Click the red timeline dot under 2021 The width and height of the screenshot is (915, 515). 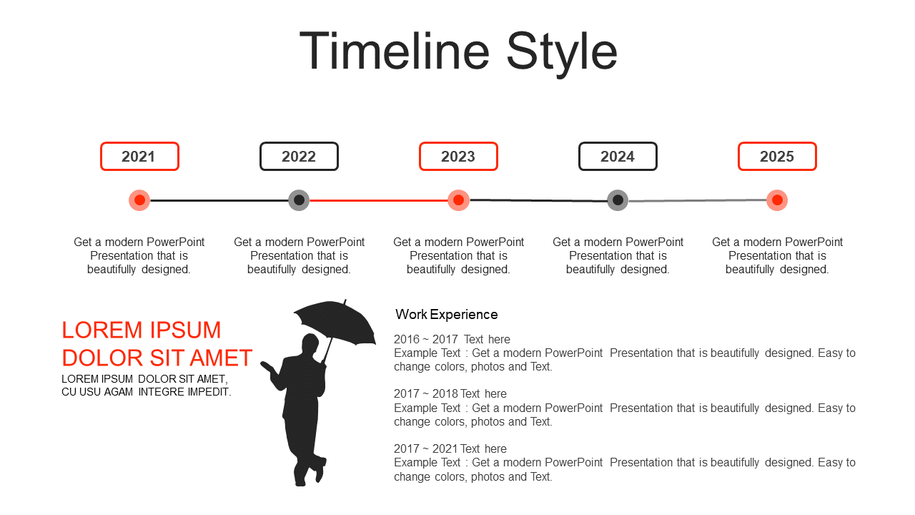[139, 200]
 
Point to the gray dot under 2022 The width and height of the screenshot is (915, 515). [299, 200]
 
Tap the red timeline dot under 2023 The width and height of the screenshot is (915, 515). [458, 200]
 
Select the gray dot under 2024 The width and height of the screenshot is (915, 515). [618, 200]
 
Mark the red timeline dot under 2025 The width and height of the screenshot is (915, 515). [777, 200]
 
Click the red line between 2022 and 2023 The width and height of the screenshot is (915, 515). [379, 200]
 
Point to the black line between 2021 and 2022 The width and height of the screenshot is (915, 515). [219, 200]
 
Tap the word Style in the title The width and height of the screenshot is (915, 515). [562, 54]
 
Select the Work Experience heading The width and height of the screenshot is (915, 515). [447, 314]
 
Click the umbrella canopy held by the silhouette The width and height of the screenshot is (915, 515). [335, 321]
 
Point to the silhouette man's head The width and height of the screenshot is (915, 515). [310, 344]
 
